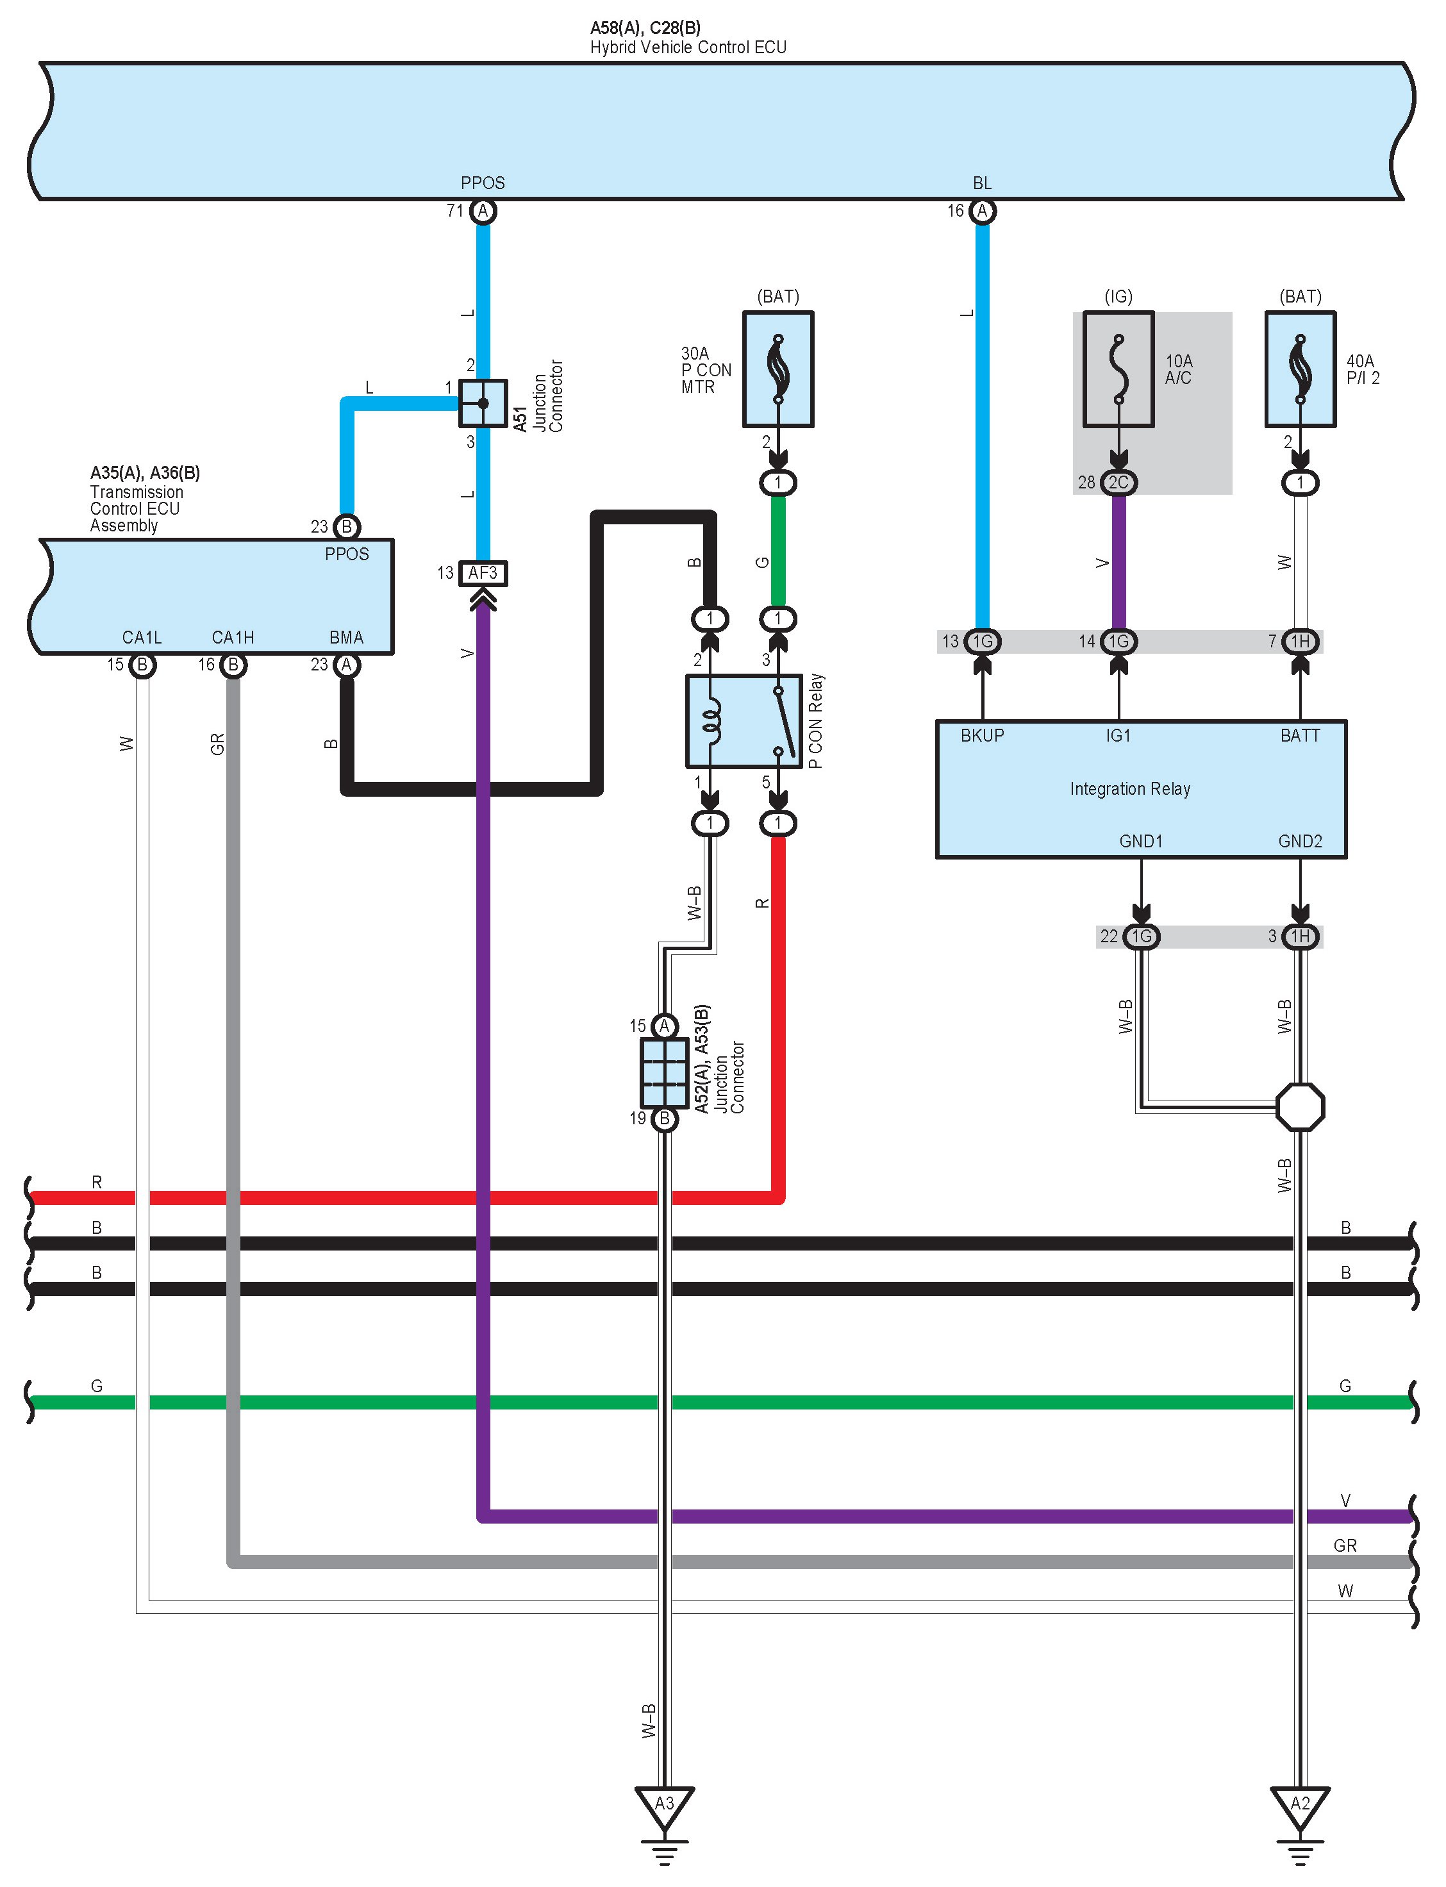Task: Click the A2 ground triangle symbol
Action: pyautogui.click(x=1300, y=1807)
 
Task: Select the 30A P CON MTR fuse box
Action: pyautogui.click(x=778, y=369)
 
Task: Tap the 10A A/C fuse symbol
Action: pyautogui.click(x=1118, y=369)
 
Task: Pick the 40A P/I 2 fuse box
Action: pyautogui.click(x=1300, y=369)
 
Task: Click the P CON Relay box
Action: pyautogui.click(x=744, y=721)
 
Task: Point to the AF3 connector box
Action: pyautogui.click(x=483, y=573)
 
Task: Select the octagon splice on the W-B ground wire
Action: pyautogui.click(x=1300, y=1106)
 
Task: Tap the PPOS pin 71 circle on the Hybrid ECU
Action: pyautogui.click(x=483, y=211)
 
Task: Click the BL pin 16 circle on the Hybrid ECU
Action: pyautogui.click(x=982, y=211)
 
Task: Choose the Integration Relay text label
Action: pyautogui.click(x=1130, y=788)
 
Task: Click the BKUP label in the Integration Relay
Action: pyautogui.click(x=982, y=735)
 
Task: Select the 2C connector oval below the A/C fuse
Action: pyautogui.click(x=1118, y=482)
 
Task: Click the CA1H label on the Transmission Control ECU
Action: pyautogui.click(x=233, y=638)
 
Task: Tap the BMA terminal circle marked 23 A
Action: pyautogui.click(x=346, y=665)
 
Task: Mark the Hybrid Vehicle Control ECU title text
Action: pyautogui.click(x=688, y=47)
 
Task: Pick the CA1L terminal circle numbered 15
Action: pyautogui.click(x=142, y=665)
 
